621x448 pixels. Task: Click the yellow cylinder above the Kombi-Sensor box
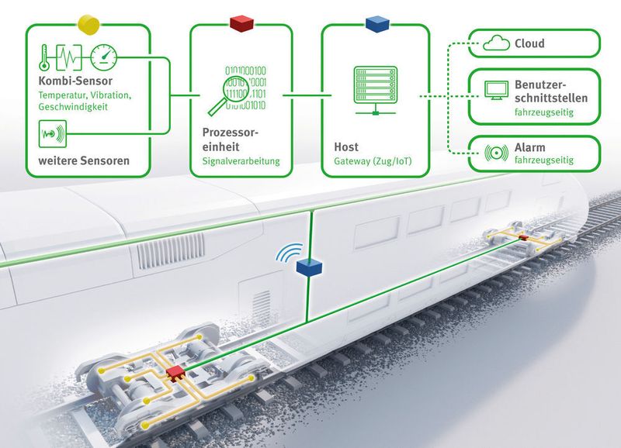pyautogui.click(x=89, y=24)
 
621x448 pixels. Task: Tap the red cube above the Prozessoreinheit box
pyautogui.click(x=241, y=24)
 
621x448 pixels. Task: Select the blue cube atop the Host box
pyautogui.click(x=376, y=24)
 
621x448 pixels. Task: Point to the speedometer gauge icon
pyautogui.click(x=104, y=57)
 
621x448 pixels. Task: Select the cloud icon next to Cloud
pyautogui.click(x=494, y=44)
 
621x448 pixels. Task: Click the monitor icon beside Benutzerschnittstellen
pyautogui.click(x=494, y=91)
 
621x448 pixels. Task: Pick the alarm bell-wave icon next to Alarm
pyautogui.click(x=494, y=152)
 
